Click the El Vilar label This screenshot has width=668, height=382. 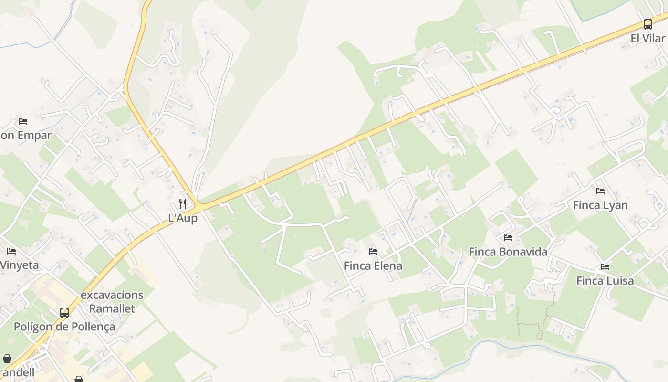[x=647, y=38]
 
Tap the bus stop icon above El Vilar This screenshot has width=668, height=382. [x=647, y=24]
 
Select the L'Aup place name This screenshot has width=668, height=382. [x=183, y=218]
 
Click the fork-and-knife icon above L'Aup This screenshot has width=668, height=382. [x=183, y=204]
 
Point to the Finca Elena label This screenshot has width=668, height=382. [x=373, y=265]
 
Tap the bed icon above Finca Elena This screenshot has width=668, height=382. [x=373, y=252]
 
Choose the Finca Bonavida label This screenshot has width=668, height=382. [x=508, y=252]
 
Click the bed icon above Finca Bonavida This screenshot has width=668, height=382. [x=508, y=238]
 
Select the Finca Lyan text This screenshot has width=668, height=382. [x=600, y=205]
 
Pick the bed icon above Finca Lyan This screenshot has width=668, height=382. [x=600, y=191]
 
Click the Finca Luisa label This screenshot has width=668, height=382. [x=605, y=281]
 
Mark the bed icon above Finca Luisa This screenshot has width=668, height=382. [x=605, y=267]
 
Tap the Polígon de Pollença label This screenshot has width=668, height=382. [x=64, y=327]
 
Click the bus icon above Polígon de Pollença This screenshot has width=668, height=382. [x=64, y=313]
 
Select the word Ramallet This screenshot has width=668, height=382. [x=112, y=308]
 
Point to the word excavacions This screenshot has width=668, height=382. [x=112, y=295]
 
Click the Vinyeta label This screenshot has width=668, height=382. [x=19, y=265]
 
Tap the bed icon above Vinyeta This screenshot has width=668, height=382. [x=11, y=251]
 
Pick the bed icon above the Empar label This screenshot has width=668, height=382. [x=23, y=121]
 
